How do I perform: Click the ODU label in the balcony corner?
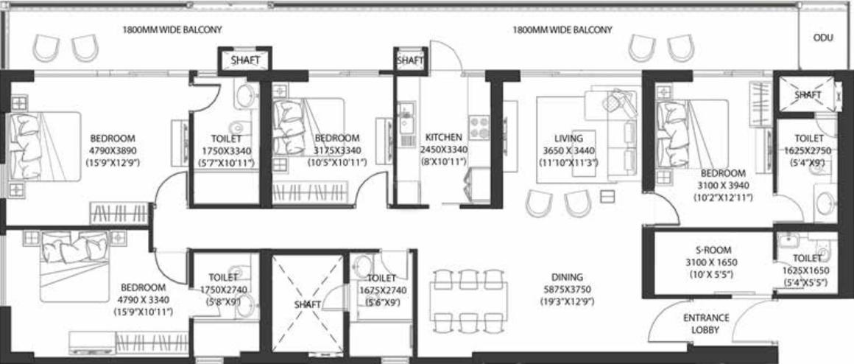(x=823, y=38)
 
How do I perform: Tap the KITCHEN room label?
(x=443, y=137)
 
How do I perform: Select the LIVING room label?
(x=568, y=138)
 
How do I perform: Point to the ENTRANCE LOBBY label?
(x=706, y=323)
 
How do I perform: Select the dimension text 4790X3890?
(x=113, y=150)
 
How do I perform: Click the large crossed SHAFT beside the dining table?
(x=308, y=303)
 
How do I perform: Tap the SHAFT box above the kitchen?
(x=410, y=60)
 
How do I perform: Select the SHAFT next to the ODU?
(x=808, y=95)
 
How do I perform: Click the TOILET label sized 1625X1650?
(x=807, y=258)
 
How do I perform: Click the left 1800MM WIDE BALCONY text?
(x=172, y=30)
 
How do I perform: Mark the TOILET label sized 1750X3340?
(x=225, y=137)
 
